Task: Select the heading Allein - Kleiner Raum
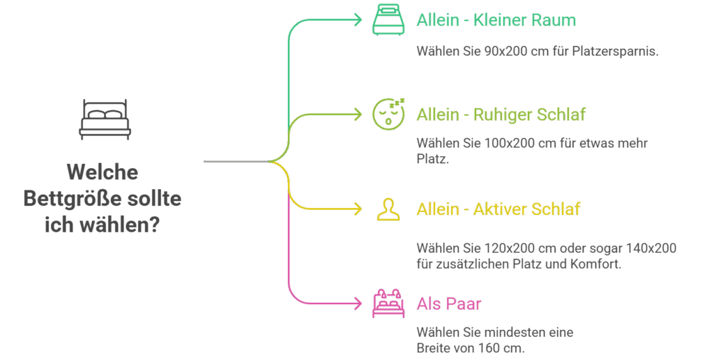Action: pyautogui.click(x=496, y=20)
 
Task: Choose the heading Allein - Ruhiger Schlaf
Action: pyautogui.click(x=501, y=114)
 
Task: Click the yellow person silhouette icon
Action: pyautogui.click(x=388, y=209)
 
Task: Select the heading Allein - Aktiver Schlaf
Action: pyautogui.click(x=498, y=209)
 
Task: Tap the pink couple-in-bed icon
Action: pyautogui.click(x=388, y=302)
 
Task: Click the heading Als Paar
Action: pyautogui.click(x=449, y=304)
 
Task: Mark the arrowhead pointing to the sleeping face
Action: pyautogui.click(x=358, y=114)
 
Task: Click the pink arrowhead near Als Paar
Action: pyautogui.click(x=358, y=303)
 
